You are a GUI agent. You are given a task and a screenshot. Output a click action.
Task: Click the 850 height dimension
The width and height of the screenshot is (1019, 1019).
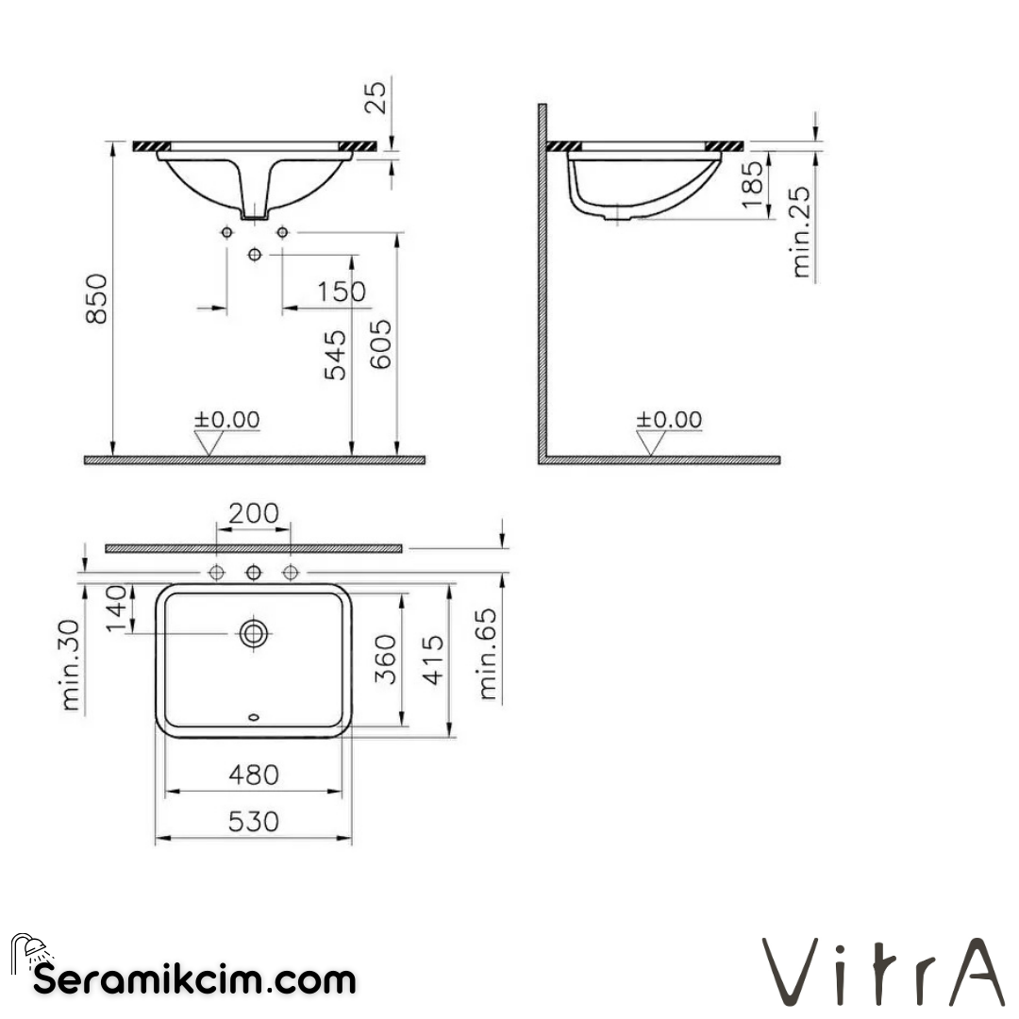point(97,299)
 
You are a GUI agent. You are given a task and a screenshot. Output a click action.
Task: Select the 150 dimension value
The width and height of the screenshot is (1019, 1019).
point(341,292)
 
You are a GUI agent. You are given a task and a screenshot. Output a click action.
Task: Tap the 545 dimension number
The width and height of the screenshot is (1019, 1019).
point(335,354)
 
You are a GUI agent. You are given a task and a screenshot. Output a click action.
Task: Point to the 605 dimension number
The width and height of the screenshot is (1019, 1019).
point(380,343)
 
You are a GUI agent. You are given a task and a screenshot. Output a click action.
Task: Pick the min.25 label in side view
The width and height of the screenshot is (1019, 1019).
point(801,231)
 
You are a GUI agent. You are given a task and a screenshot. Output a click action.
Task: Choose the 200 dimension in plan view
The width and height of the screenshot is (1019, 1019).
point(254,513)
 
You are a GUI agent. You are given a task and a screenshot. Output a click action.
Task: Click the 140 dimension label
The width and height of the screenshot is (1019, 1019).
point(115,609)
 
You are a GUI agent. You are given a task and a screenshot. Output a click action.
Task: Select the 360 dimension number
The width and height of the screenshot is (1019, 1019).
point(387,660)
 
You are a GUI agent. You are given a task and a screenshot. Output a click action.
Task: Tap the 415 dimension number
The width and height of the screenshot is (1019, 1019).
point(432,660)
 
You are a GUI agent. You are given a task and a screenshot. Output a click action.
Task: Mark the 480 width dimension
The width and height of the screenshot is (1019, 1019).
point(254,775)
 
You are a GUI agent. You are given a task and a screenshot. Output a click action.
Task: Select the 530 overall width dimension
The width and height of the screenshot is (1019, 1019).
point(254,822)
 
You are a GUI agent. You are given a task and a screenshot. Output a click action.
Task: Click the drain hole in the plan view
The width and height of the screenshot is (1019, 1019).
point(254,633)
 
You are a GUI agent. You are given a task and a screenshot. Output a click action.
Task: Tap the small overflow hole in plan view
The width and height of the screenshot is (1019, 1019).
point(254,719)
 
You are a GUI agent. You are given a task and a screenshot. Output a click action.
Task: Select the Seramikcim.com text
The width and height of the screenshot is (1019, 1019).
point(195,979)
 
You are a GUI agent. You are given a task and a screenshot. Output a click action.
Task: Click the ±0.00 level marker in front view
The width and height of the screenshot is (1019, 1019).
point(226,420)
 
